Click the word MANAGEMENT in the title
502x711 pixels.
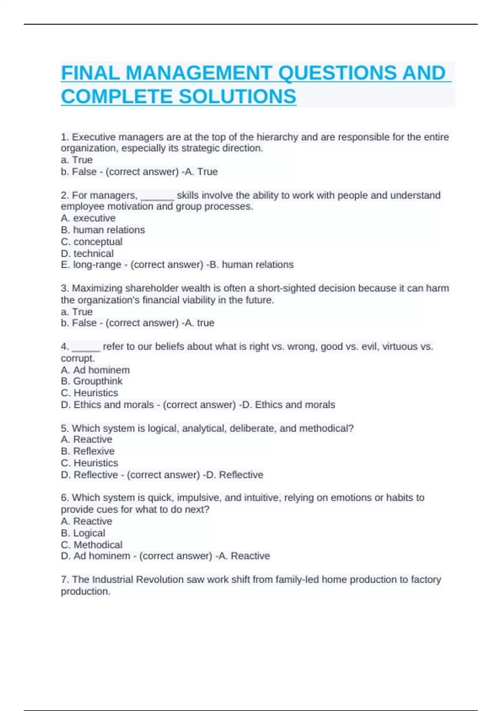(x=198, y=73)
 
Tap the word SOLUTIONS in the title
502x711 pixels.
(x=237, y=97)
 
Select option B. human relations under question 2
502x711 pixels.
(x=103, y=230)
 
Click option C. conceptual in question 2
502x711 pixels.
(x=92, y=242)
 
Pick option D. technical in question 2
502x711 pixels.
(x=87, y=253)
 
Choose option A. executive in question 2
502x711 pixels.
(x=88, y=218)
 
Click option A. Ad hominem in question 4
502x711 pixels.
(x=95, y=370)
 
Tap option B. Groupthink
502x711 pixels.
(x=92, y=381)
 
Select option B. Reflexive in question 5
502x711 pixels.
(x=88, y=451)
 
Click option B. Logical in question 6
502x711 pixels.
(x=83, y=533)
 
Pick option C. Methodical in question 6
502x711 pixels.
(x=92, y=545)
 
